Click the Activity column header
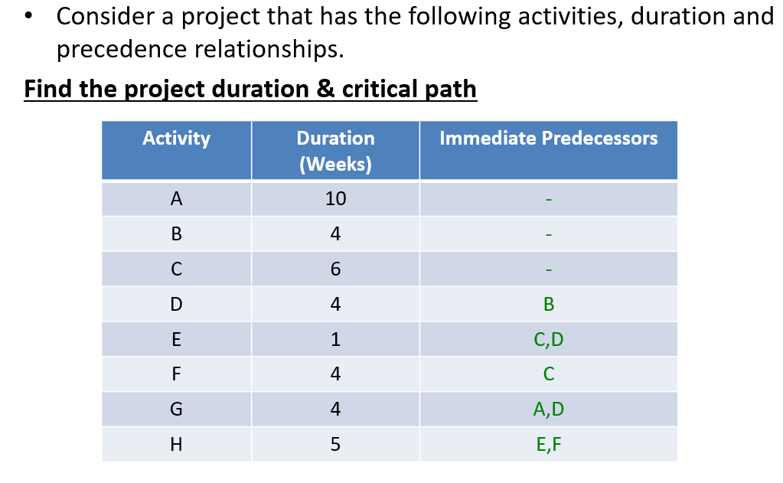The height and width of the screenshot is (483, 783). click(x=176, y=139)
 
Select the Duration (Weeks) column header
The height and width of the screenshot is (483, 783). click(x=335, y=151)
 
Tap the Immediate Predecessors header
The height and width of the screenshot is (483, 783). click(x=548, y=139)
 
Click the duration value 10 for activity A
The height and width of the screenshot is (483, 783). click(x=335, y=199)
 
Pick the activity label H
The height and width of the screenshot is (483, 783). click(x=176, y=445)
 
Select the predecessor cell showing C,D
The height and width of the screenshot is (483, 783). click(x=548, y=339)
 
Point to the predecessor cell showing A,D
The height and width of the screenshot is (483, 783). click(x=548, y=410)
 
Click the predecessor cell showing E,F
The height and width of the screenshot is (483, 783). click(x=548, y=445)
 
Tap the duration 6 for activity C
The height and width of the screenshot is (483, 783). click(x=335, y=269)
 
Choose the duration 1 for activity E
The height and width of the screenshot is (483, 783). click(x=335, y=339)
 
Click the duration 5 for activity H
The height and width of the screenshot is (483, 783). click(x=335, y=445)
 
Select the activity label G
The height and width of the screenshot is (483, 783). click(x=176, y=410)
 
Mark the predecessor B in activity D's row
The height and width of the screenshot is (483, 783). click(x=548, y=305)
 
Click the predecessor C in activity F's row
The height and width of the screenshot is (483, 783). click(x=548, y=374)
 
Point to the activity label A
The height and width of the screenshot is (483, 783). click(x=176, y=199)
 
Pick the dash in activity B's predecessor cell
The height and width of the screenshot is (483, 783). click(x=548, y=235)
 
